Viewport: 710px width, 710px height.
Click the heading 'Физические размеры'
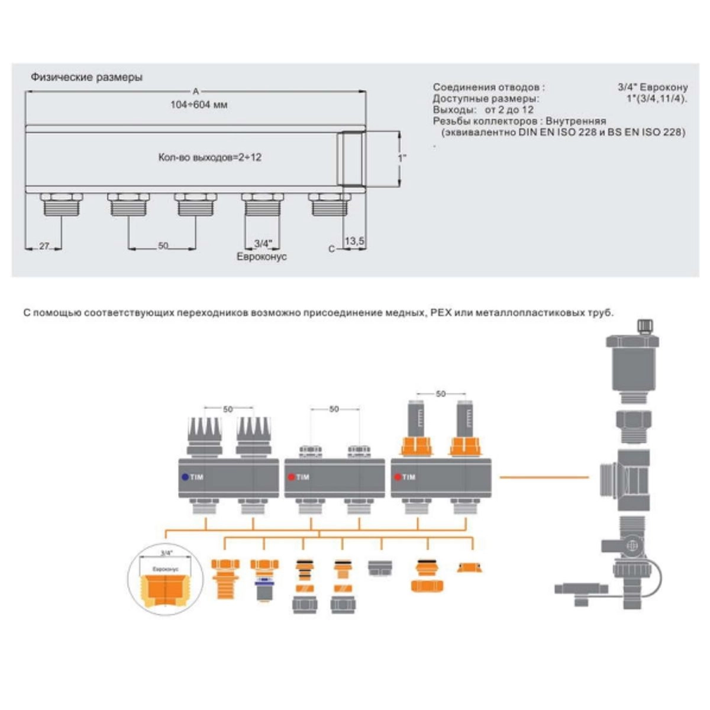86,77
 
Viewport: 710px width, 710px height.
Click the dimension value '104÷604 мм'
199,105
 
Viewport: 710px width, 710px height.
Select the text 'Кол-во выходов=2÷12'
210,157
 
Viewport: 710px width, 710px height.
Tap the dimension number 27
44,246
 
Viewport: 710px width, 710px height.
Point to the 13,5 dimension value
354,241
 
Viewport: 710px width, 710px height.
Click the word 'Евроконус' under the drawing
262,257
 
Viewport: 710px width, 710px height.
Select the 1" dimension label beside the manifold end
402,159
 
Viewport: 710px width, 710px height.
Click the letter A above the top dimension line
196,91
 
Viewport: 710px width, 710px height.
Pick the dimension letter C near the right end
332,249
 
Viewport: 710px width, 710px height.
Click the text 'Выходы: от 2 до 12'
483,110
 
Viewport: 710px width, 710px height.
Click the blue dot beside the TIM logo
185,477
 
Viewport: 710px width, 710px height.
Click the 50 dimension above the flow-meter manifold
440,393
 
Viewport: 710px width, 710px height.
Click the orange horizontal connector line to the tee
544,477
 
